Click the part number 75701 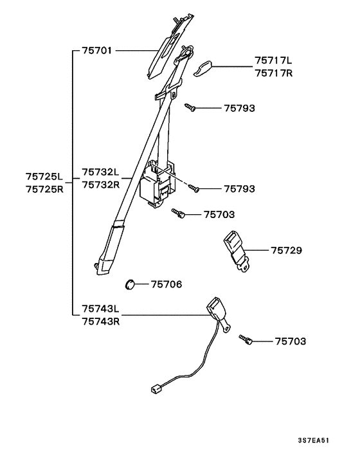(x=97, y=51)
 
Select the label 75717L (x=273, y=60)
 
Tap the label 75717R (x=274, y=73)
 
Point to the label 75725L (x=44, y=176)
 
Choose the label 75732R (x=101, y=185)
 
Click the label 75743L (x=101, y=309)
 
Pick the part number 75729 (x=287, y=250)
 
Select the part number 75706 (x=166, y=284)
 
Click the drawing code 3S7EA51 (x=314, y=440)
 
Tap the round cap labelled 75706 (x=130, y=285)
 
